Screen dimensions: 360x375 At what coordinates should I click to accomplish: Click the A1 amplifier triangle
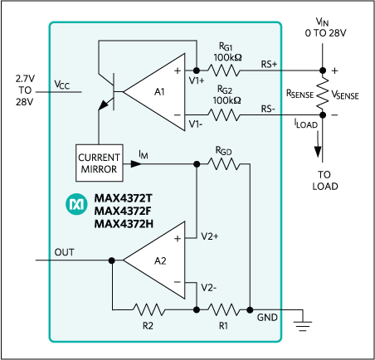click(x=160, y=90)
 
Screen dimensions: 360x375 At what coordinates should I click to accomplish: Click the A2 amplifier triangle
click(x=155, y=261)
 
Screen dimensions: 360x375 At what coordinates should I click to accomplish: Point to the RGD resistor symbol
click(x=223, y=163)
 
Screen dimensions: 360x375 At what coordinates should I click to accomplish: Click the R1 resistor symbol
click(x=223, y=309)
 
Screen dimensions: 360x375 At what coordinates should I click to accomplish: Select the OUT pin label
click(x=65, y=251)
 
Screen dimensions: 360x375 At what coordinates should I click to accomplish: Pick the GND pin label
click(x=268, y=318)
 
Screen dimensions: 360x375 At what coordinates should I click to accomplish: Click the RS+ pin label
click(x=270, y=62)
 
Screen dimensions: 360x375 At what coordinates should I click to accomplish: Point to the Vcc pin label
click(x=62, y=85)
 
